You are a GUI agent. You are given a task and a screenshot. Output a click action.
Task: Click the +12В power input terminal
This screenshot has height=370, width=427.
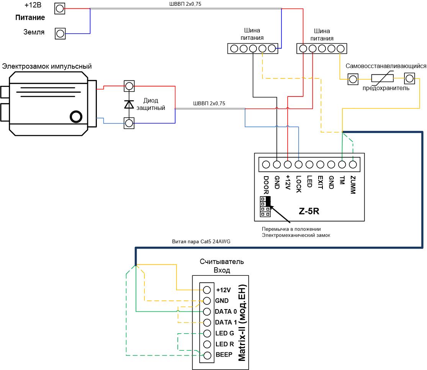point(60,8)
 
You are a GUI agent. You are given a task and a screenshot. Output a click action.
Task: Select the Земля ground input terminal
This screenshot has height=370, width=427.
point(60,34)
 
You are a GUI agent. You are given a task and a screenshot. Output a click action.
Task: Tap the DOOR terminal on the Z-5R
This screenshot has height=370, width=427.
point(266,165)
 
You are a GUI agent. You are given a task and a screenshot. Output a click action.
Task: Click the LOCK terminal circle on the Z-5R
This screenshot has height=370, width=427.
point(299,165)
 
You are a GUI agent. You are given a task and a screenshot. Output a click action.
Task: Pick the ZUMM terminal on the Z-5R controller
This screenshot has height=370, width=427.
point(353,165)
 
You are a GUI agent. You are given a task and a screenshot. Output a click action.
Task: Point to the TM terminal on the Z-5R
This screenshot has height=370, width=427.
point(342,165)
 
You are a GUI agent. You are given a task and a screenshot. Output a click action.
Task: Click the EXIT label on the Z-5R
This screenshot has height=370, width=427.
point(320,183)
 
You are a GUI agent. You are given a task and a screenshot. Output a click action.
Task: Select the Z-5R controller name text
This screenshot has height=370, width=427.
point(309,211)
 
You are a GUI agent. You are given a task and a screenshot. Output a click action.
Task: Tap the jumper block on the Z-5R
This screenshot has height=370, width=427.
point(265,206)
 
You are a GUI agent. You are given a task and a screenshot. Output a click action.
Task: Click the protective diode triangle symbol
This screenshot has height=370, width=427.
point(129,105)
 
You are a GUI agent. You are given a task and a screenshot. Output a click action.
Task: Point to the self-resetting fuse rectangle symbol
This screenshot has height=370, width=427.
point(382,79)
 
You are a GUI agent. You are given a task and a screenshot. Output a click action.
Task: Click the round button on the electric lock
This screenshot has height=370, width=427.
point(76,116)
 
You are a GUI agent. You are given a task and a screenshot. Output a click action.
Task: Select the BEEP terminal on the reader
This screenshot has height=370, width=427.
point(207,355)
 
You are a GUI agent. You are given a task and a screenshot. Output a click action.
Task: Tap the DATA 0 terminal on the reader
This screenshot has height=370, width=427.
point(207,311)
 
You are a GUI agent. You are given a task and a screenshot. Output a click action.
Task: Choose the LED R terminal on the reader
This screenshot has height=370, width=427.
point(207,344)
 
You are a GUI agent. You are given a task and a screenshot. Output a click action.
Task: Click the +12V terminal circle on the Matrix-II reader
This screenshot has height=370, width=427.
point(207,290)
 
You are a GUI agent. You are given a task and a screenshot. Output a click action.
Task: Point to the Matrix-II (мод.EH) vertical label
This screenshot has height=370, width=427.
point(242,323)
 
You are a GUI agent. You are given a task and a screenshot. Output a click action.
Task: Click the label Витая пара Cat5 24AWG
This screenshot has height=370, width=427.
point(201,241)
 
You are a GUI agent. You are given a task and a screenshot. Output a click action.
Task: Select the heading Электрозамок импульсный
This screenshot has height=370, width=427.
point(47,66)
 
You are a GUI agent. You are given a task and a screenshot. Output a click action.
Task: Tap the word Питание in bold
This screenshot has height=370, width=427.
point(30,18)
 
